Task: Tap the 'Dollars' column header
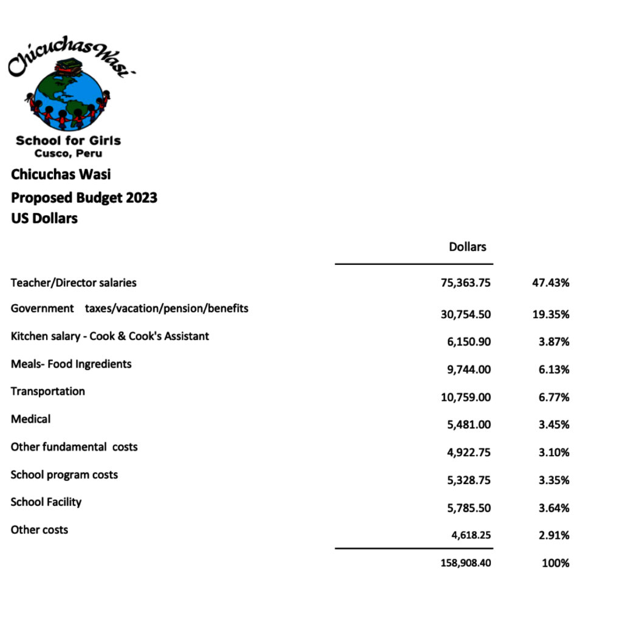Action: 468,247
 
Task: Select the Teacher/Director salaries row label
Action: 73,282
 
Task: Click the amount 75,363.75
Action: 466,283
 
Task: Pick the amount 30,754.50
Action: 466,315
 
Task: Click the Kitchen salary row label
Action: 110,336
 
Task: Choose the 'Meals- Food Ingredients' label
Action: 71,364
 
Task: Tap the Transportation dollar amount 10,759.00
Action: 466,397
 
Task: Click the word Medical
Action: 30,419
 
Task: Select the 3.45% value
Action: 554,425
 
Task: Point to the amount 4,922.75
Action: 469,453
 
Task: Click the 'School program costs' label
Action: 64,474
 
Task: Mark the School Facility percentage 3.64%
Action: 554,508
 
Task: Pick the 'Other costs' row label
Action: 39,530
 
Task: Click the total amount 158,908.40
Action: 466,563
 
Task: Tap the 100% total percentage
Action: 555,563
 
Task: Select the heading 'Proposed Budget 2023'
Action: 84,197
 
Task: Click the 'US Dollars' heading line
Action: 44,218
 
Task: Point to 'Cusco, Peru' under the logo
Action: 68,154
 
